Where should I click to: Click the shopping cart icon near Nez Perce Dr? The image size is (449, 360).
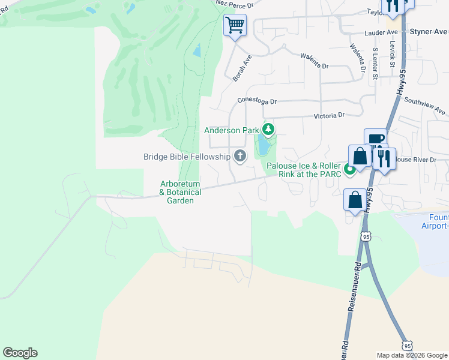pyautogui.click(x=235, y=25)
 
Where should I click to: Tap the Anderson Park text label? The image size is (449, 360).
pyautogui.click(x=231, y=130)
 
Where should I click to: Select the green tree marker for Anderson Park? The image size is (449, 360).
pyautogui.click(x=268, y=130)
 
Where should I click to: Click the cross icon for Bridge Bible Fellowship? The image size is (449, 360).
pyautogui.click(x=240, y=157)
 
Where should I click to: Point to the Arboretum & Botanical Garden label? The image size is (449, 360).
pyautogui.click(x=176, y=193)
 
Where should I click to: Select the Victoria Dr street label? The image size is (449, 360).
pyautogui.click(x=329, y=115)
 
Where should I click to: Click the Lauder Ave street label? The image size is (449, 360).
pyautogui.click(x=381, y=32)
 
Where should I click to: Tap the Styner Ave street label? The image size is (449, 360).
pyautogui.click(x=429, y=31)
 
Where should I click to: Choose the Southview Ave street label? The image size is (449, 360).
pyautogui.click(x=425, y=106)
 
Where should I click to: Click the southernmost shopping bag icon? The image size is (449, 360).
pyautogui.click(x=354, y=200)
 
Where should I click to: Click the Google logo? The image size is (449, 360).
pyautogui.click(x=20, y=353)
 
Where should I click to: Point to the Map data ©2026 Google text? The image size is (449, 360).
pyautogui.click(x=412, y=355)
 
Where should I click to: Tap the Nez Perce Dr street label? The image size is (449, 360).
pyautogui.click(x=235, y=4)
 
